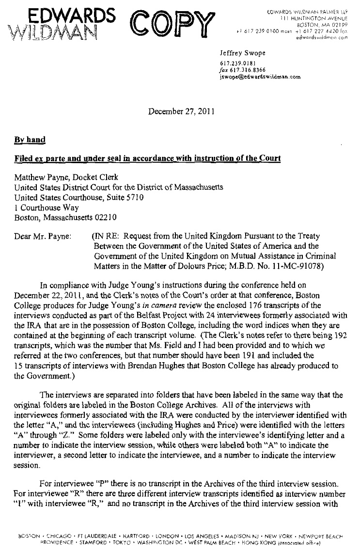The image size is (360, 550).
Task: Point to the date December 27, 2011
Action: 179,110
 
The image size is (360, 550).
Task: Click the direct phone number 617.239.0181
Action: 235,63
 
